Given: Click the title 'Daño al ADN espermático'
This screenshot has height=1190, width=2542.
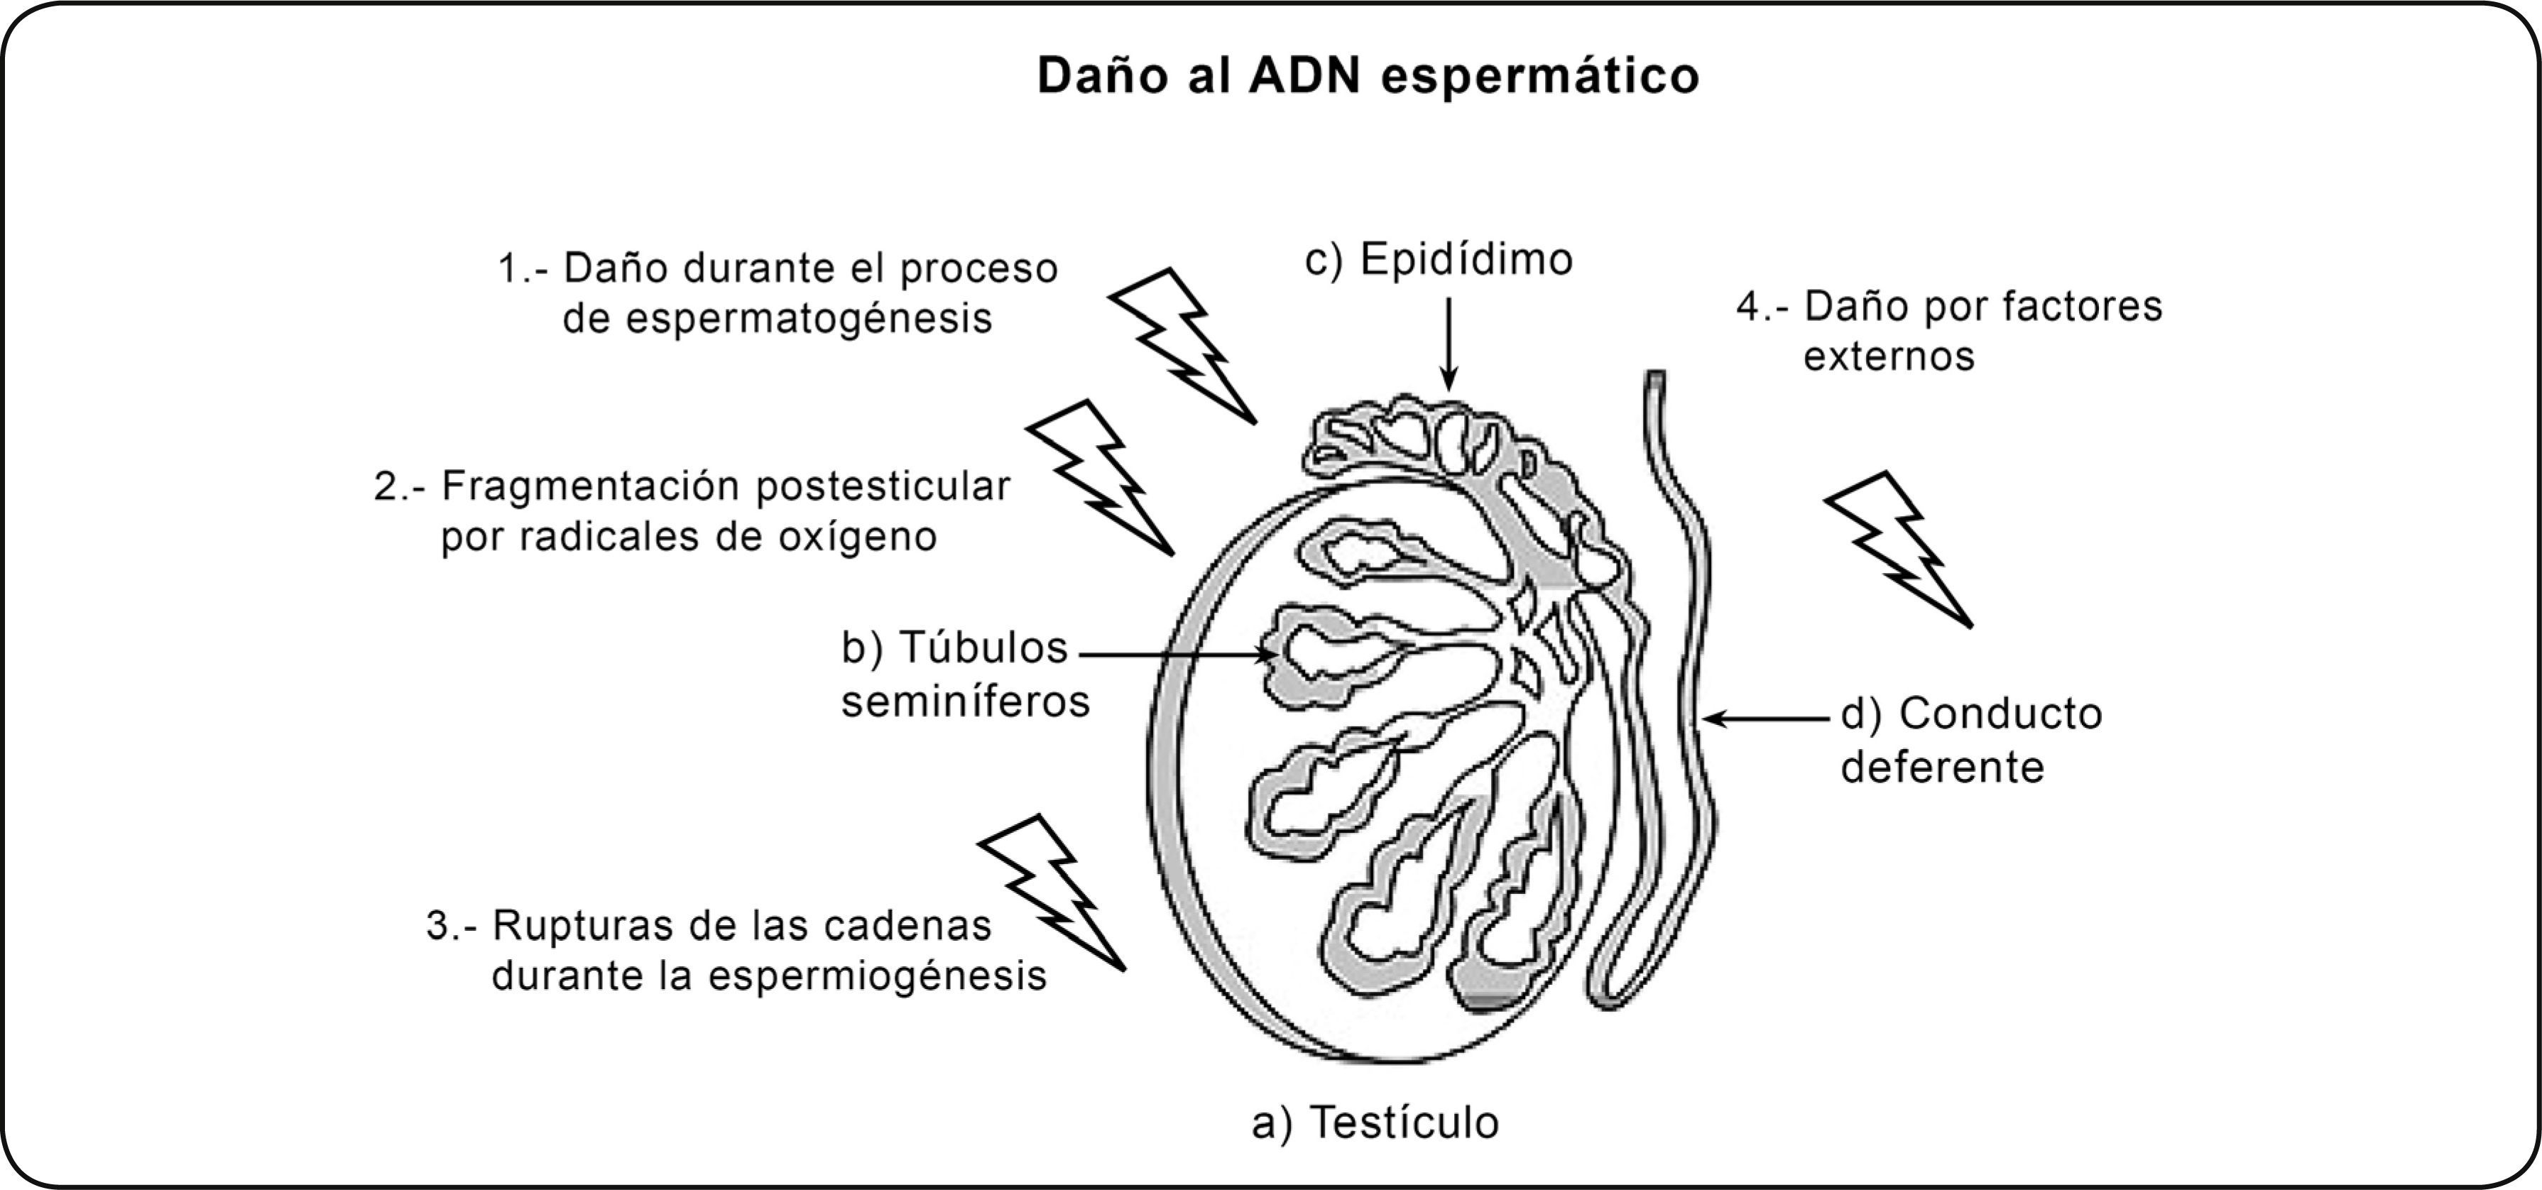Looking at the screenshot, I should click(1368, 76).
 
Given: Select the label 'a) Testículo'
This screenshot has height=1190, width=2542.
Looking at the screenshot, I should click(1375, 1123).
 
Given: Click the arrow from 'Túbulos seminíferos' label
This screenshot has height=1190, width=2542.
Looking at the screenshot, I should click(1174, 653).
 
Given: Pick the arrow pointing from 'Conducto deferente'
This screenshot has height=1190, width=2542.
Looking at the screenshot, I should click(1767, 719).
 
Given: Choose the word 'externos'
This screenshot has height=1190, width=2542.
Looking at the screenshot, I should click(1889, 356).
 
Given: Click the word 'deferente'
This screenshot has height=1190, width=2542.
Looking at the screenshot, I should click(1942, 768).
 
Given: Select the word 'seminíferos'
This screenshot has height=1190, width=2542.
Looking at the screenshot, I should click(965, 702).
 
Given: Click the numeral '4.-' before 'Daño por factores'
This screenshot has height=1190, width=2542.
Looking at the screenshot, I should click(1762, 307).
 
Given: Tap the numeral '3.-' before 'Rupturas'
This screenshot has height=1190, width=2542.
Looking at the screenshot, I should click(452, 926).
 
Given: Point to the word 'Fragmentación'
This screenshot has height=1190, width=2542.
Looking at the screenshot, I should click(594, 486).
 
